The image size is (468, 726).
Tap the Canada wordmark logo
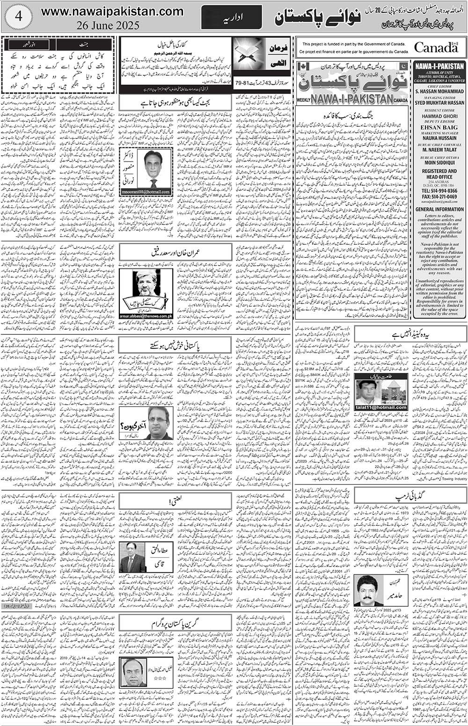point(436,47)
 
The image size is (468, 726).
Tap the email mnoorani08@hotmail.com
point(146,192)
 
